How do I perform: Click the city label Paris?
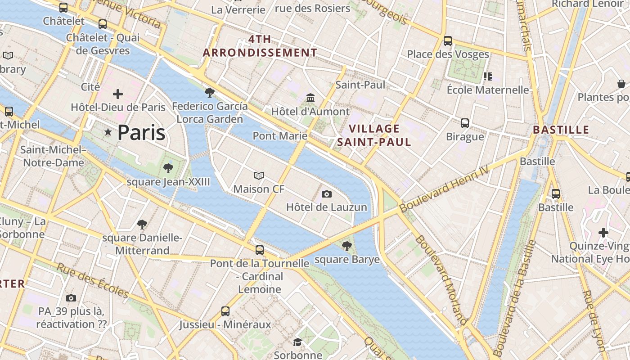tap(141, 133)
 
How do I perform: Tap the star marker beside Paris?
tap(108, 132)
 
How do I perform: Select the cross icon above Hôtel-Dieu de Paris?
tap(118, 94)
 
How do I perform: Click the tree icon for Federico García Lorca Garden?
tap(209, 93)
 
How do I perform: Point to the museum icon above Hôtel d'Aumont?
tap(310, 98)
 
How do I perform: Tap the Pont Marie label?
tap(280, 136)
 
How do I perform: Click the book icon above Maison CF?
tap(259, 175)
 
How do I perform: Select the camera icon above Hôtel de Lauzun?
tap(327, 194)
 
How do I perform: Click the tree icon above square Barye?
tap(346, 246)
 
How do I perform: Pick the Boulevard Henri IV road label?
tap(444, 190)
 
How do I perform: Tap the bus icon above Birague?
tap(465, 123)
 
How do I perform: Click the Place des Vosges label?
tap(448, 54)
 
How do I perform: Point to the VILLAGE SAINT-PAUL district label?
tap(374, 135)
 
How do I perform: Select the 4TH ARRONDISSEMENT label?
tap(260, 46)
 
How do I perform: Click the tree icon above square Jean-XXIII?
tap(168, 168)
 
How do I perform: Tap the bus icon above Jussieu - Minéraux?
tap(225, 311)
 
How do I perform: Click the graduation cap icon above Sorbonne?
tap(297, 342)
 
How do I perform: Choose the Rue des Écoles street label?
tap(93, 280)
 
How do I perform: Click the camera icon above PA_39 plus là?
tap(71, 298)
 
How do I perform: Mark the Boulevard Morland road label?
tap(441, 279)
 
